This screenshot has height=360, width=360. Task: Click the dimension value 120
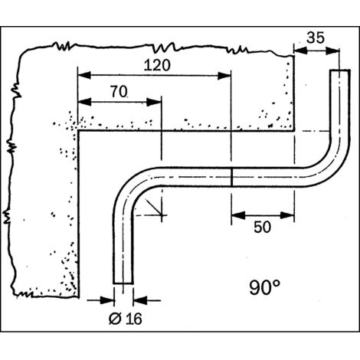pos(157,65)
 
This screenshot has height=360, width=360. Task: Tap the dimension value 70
pos(119,92)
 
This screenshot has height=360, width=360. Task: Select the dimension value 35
pos(316,38)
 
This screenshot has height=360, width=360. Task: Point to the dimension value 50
pos(262,227)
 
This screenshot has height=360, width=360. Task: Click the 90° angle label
pos(264,287)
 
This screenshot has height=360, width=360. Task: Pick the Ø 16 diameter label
pos(126,319)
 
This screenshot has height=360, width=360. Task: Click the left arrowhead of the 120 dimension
pos(84,75)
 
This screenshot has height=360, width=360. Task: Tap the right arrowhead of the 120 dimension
pos(224,76)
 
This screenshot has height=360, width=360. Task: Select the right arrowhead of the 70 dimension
pos(154,103)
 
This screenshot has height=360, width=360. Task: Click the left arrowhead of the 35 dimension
pos(301,51)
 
